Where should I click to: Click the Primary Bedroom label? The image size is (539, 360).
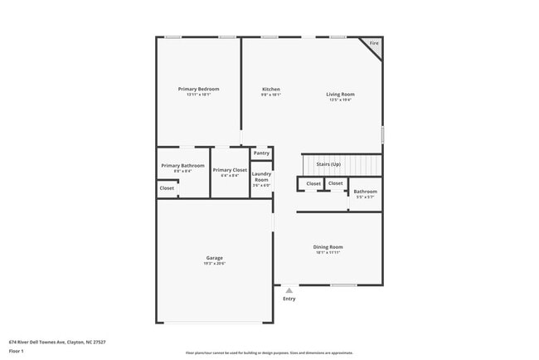click(x=198, y=89)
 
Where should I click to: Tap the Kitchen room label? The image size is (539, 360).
click(x=271, y=89)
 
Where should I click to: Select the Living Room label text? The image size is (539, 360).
click(x=340, y=95)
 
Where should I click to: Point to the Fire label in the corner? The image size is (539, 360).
click(x=374, y=43)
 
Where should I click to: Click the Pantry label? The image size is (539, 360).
click(x=261, y=153)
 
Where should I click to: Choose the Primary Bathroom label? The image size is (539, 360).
click(x=182, y=165)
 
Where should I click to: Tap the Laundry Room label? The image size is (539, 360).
click(x=261, y=177)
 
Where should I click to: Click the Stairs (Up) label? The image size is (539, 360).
click(x=328, y=164)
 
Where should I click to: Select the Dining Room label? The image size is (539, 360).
click(x=328, y=246)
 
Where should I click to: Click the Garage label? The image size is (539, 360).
click(x=214, y=258)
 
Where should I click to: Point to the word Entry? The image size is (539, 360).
click(x=289, y=299)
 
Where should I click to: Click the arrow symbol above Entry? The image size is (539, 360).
click(x=289, y=290)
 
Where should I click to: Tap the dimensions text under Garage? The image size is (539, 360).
click(x=214, y=264)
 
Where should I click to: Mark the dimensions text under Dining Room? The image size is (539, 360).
click(x=328, y=252)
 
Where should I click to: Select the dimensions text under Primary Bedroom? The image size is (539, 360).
click(x=198, y=95)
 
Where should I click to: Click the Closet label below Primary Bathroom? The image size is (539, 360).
click(x=167, y=188)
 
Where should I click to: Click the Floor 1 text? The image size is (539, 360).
click(x=17, y=351)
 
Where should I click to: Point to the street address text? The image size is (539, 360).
click(x=57, y=341)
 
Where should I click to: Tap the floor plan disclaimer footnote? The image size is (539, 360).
click(x=269, y=353)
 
